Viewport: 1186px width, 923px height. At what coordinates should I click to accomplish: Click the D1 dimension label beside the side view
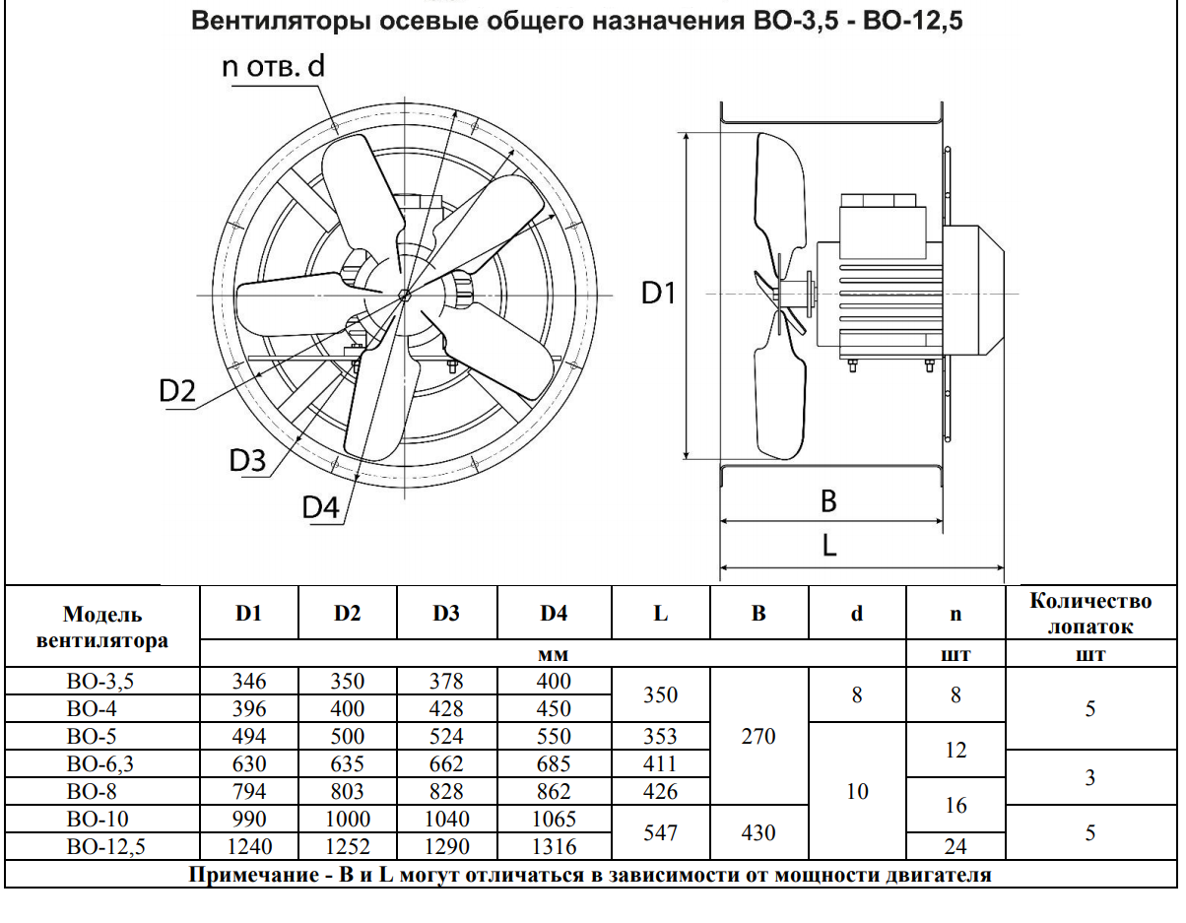(x=658, y=294)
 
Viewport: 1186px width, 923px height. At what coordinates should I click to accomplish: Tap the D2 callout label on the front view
(x=177, y=391)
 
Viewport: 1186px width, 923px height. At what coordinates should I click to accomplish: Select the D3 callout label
(x=247, y=460)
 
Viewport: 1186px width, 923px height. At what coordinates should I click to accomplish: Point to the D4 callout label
(x=321, y=507)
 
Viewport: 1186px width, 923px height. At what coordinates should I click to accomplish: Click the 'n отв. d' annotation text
(x=273, y=67)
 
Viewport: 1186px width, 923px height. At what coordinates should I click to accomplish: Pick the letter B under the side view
(x=828, y=501)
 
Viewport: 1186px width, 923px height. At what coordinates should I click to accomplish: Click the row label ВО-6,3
(x=99, y=764)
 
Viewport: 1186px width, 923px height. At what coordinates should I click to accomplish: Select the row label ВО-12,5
(x=105, y=846)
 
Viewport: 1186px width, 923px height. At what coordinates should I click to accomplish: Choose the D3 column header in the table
(x=446, y=613)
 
